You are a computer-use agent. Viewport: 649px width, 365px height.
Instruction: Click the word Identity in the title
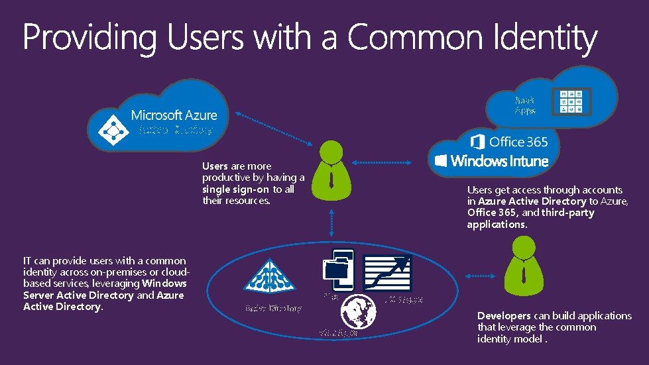coord(545,38)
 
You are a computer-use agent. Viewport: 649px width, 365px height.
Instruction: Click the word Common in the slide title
coord(416,38)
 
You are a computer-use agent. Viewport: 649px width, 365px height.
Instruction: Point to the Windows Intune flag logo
coord(442,160)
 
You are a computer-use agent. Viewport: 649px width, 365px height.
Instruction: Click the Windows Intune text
coord(499,160)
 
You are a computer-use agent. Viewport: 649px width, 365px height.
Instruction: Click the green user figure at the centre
coord(330,169)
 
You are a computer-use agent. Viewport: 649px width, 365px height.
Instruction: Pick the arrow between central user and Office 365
coord(391,162)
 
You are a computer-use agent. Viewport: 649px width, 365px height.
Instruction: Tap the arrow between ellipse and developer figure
coord(481,275)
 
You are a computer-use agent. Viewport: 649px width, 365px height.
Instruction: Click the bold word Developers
coord(504,316)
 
